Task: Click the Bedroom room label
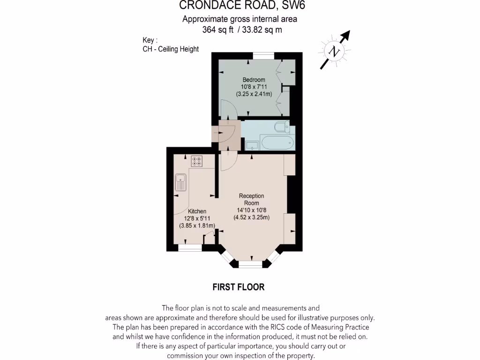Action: click(254, 80)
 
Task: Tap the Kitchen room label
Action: click(197, 211)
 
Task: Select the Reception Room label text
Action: click(251, 199)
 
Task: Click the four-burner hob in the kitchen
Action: click(197, 161)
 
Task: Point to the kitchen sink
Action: click(180, 182)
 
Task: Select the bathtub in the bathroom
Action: click(277, 142)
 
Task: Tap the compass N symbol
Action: click(334, 51)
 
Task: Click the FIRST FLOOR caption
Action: click(239, 287)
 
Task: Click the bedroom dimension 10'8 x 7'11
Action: click(254, 87)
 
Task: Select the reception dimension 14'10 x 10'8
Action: click(251, 210)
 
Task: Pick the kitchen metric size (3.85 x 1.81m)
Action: click(197, 225)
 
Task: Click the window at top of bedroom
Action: click(263, 56)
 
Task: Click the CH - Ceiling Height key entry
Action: click(171, 49)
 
